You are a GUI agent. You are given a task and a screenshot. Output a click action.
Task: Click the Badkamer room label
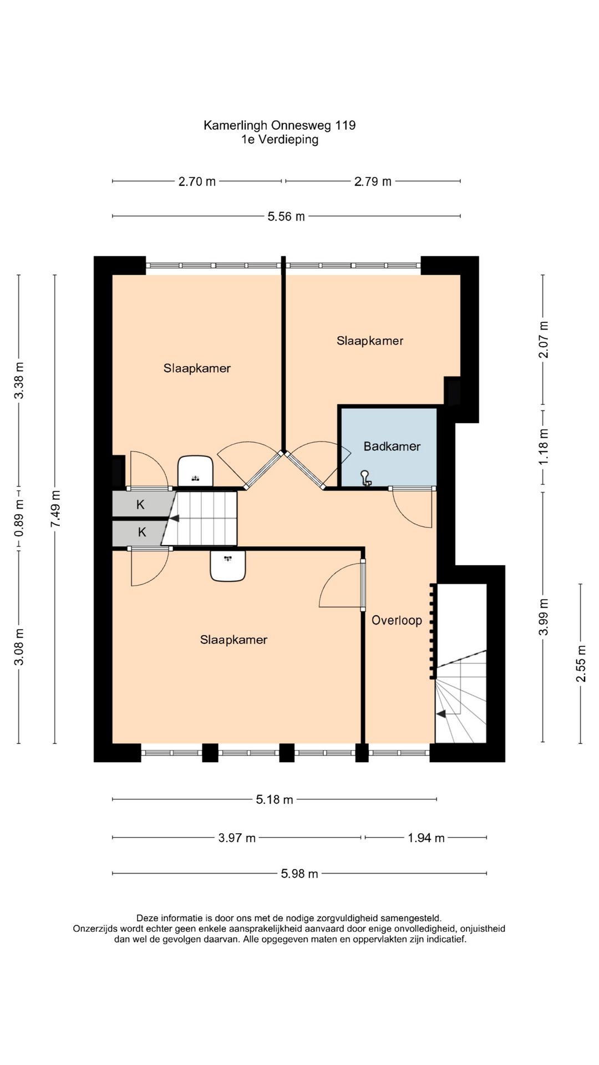click(392, 446)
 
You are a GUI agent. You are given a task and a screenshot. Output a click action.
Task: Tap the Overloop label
click(397, 620)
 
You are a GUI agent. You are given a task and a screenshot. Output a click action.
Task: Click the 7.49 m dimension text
click(54, 510)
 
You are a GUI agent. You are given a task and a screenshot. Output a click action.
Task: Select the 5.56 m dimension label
click(286, 216)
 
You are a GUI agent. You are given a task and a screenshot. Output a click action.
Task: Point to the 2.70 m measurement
click(197, 181)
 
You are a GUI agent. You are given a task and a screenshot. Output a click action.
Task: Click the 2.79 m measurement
click(373, 181)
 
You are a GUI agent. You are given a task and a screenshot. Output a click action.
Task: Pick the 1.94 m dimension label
click(426, 838)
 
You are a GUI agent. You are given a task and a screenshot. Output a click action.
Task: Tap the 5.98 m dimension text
click(299, 874)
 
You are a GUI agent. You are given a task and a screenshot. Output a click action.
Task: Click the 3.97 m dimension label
click(237, 838)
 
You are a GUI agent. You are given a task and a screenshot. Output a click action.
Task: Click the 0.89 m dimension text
click(19, 518)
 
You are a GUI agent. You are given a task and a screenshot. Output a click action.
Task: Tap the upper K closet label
click(140, 505)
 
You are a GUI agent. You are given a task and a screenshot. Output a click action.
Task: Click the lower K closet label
click(142, 532)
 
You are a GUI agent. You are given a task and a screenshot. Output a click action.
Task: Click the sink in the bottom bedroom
click(228, 566)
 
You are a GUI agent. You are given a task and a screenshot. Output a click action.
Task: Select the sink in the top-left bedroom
click(195, 471)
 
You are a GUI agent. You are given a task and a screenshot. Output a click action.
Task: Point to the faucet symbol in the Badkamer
click(366, 478)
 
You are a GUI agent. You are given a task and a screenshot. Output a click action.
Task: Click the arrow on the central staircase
click(174, 519)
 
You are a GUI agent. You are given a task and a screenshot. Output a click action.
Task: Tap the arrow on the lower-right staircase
click(442, 714)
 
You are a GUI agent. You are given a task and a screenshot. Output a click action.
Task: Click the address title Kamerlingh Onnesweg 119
click(280, 125)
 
